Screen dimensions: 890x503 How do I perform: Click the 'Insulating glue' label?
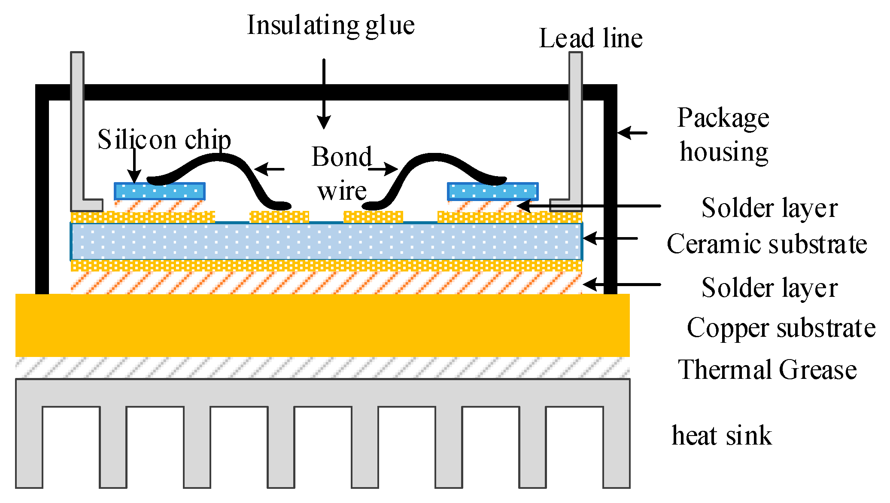point(331,26)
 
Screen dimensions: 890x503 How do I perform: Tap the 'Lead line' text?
point(591,38)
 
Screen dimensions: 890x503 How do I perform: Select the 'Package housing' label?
point(723,135)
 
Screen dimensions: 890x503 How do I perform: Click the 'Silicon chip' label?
point(164,140)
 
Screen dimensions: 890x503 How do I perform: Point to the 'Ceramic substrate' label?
point(767,244)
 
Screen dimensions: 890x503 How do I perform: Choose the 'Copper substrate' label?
point(781,328)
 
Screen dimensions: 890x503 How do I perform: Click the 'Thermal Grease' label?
point(767,370)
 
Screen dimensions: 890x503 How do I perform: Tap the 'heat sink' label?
point(722,436)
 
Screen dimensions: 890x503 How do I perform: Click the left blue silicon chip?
point(159,192)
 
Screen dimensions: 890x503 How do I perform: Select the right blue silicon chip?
point(492,192)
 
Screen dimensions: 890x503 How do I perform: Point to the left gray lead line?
point(78,129)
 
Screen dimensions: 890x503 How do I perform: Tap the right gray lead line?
point(576,129)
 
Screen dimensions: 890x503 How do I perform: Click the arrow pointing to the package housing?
point(632,133)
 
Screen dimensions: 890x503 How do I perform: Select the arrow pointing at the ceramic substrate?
point(610,238)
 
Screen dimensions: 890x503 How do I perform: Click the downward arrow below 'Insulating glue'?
point(324,94)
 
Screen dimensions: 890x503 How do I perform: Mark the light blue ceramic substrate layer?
point(327,241)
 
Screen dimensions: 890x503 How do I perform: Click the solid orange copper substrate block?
point(322,325)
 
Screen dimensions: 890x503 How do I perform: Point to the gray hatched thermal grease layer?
point(322,368)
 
